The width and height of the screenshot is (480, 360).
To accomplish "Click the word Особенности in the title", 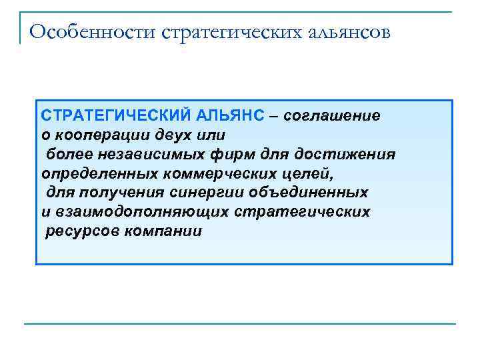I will (x=93, y=31).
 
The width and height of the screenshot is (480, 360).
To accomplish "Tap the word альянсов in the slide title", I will (x=354, y=31).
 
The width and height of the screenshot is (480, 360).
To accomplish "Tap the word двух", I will (x=173, y=135).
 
